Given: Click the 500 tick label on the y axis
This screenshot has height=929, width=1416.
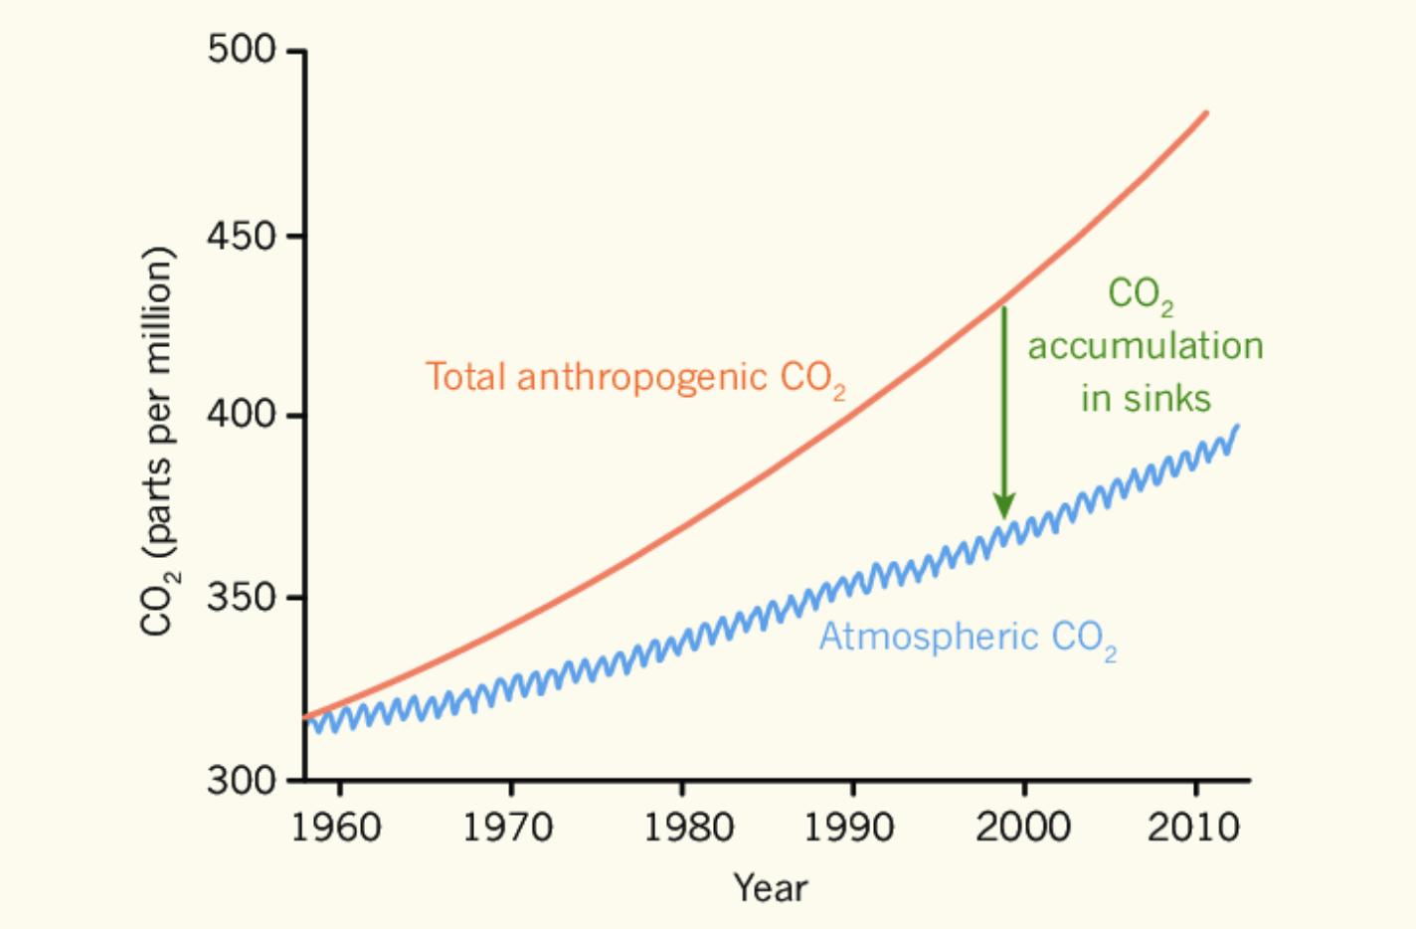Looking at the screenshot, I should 241,49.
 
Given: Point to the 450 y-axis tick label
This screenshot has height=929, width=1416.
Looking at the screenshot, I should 241,236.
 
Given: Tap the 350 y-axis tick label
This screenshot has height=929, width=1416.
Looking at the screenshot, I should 241,597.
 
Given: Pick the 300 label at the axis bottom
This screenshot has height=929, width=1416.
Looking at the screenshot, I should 241,780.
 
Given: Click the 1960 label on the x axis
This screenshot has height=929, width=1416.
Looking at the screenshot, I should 336,828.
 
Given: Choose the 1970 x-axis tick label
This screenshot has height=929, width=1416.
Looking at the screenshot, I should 508,828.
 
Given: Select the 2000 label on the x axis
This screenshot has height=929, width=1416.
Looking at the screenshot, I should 1023,828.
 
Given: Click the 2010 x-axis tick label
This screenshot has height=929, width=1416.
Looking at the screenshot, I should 1194,828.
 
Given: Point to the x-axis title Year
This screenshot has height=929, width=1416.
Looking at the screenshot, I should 771,887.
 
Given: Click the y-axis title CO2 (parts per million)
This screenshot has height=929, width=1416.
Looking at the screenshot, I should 159,441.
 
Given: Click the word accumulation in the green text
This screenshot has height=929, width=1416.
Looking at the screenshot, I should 1146,346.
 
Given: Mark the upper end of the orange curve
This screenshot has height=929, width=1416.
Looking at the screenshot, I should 1206,113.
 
